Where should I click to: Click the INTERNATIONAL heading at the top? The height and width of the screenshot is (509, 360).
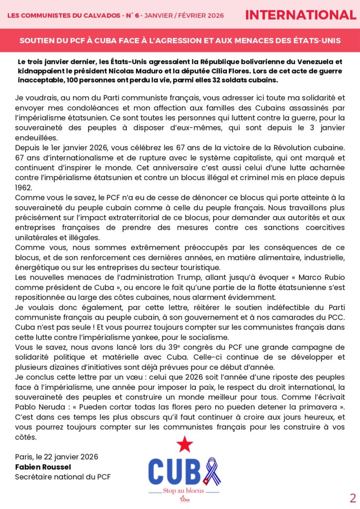click(x=301, y=15)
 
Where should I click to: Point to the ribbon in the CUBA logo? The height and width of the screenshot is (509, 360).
click(x=214, y=471)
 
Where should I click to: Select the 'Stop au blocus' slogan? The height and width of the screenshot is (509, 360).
click(x=183, y=491)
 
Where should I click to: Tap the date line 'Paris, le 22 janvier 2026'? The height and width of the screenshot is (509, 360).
click(x=57, y=457)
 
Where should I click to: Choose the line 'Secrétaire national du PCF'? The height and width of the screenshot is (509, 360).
click(x=63, y=477)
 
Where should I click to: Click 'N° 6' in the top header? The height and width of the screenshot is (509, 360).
click(x=145, y=15)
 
